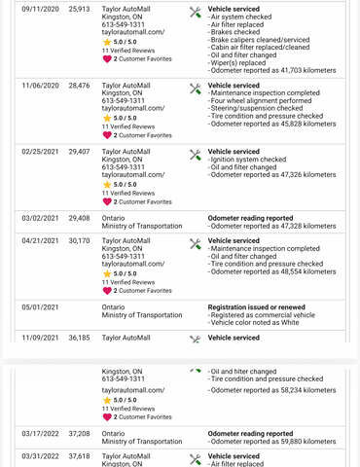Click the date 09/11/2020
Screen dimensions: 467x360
click(x=40, y=9)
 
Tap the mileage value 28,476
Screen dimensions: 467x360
click(x=79, y=86)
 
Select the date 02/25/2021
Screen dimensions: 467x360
click(x=40, y=152)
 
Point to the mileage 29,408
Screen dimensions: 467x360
click(x=79, y=219)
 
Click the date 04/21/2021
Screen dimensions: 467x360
click(x=40, y=241)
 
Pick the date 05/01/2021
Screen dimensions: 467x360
click(x=40, y=307)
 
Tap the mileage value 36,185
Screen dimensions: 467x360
click(x=79, y=338)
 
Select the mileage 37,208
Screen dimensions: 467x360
click(x=79, y=434)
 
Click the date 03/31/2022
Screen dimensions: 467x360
click(x=40, y=456)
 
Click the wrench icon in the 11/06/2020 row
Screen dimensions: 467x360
click(x=196, y=88)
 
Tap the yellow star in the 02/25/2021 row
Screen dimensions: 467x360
click(x=107, y=184)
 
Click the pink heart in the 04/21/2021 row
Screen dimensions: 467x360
click(x=107, y=290)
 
